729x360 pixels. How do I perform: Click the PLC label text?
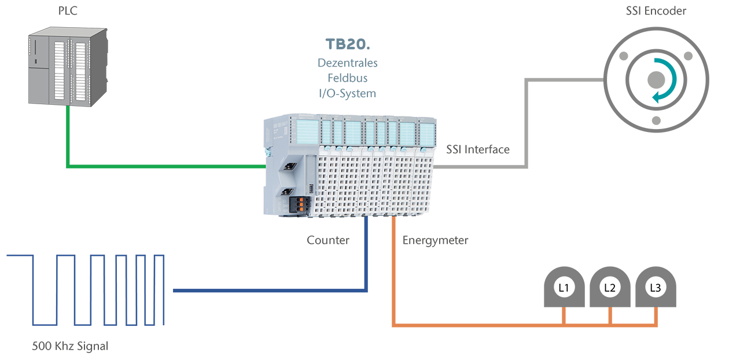coord(68,11)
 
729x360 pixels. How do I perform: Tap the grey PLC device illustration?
coord(68,67)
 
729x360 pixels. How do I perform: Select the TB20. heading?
coord(348,44)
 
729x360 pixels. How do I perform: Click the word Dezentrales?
coord(348,63)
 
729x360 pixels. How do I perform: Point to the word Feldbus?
coord(348,78)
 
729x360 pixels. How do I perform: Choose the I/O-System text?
coord(348,93)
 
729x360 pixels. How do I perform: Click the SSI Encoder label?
coord(656,11)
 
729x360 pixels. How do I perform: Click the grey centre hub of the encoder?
coord(656,80)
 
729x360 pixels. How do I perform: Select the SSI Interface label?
coord(478,149)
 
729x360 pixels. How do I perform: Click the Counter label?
coord(328,240)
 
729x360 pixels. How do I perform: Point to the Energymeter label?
coord(436,241)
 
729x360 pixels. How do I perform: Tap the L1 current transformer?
coord(564,287)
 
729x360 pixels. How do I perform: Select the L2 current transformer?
coord(610,287)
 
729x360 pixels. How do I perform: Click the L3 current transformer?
coord(656,287)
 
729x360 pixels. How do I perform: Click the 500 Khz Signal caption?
coord(70,346)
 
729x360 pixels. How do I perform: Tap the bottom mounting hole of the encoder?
coord(657,121)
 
